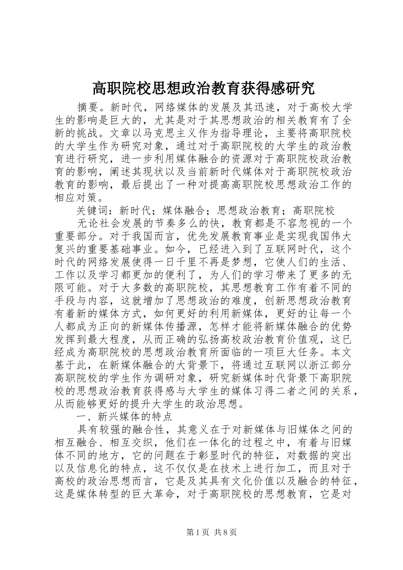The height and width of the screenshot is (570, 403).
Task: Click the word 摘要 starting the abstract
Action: pyautogui.click(x=87, y=106)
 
